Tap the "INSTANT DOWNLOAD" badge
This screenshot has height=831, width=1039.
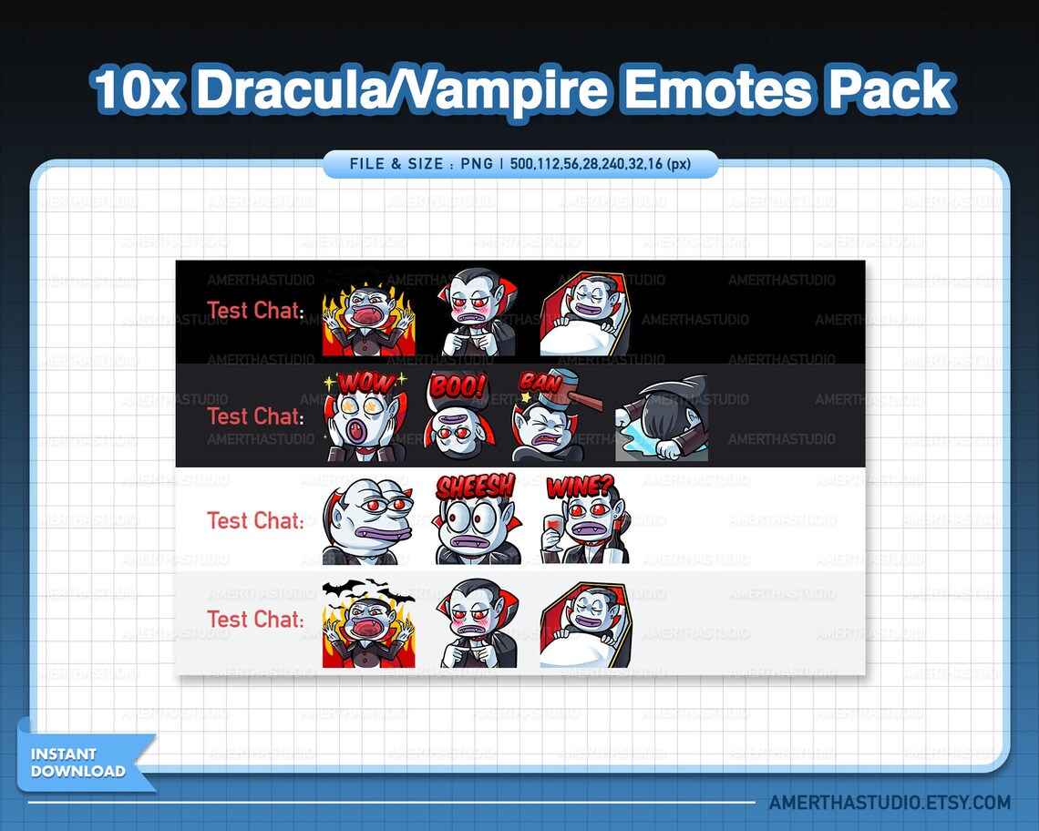[x=78, y=763]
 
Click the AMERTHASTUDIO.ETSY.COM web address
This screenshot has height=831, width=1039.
[x=890, y=803]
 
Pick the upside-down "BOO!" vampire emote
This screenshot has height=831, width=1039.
[x=458, y=418]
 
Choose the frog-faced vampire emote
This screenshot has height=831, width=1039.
[x=366, y=521]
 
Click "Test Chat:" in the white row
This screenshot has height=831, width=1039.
[x=255, y=521]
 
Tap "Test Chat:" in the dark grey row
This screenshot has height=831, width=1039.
[x=255, y=416]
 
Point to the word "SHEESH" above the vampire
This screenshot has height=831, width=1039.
[x=475, y=487]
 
